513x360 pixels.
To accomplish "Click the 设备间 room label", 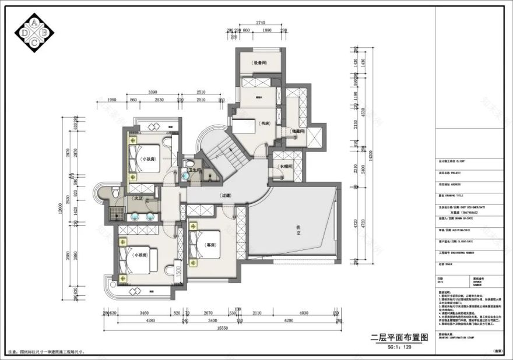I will (259, 63).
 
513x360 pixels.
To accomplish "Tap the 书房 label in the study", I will (265, 123).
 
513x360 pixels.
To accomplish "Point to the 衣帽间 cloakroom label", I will (285, 166).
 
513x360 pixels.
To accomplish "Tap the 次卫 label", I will (139, 198).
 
